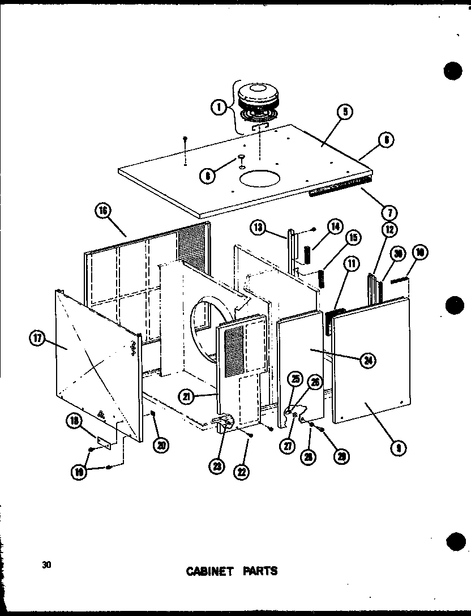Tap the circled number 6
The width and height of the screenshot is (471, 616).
click(x=387, y=139)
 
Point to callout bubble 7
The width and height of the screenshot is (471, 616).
click(x=389, y=213)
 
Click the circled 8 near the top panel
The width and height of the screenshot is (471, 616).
click(x=208, y=176)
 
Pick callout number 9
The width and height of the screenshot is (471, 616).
click(x=400, y=448)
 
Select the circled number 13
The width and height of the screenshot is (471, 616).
click(x=258, y=228)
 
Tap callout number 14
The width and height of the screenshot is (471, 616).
click(x=335, y=226)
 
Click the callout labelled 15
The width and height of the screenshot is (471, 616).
click(x=353, y=238)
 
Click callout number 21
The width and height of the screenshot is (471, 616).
click(x=186, y=396)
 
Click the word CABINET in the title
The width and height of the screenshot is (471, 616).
click(x=209, y=571)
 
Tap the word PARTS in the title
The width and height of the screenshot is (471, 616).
click(x=259, y=571)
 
